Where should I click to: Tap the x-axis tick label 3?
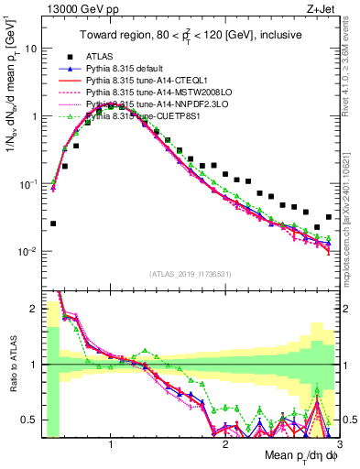[338, 444]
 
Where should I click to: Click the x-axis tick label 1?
[111, 444]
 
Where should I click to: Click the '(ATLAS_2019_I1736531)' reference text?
[190, 273]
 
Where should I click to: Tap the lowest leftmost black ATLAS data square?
[53, 224]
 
